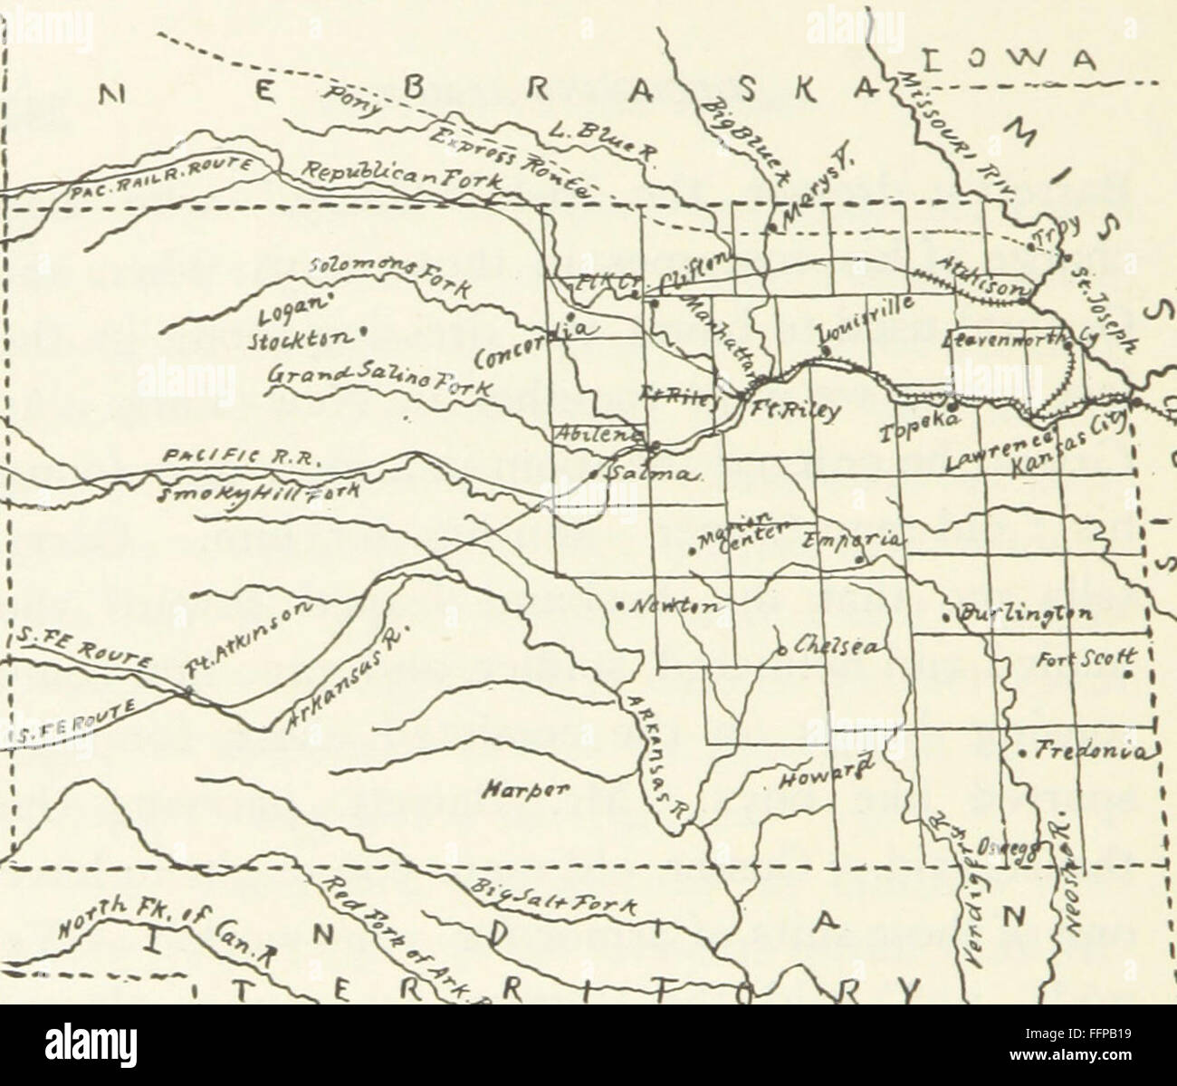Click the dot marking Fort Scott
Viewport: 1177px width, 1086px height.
1128,674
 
